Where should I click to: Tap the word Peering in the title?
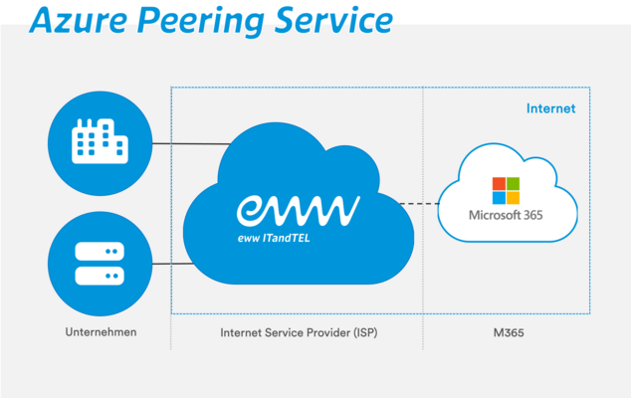click(x=204, y=22)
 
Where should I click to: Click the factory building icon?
click(x=100, y=143)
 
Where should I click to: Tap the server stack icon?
click(x=100, y=263)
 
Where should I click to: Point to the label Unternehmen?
click(x=100, y=331)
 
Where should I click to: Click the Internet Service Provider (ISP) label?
click(x=299, y=331)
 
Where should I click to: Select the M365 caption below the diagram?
click(x=508, y=331)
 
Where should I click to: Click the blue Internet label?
click(x=550, y=108)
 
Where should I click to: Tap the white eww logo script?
click(x=298, y=209)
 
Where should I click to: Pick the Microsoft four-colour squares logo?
click(x=506, y=189)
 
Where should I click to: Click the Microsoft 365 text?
click(x=508, y=216)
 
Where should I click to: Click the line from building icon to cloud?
click(x=185, y=144)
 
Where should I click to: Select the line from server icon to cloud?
click(x=169, y=264)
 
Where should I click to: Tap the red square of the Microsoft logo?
click(x=500, y=183)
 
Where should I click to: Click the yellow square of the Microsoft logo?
click(x=513, y=196)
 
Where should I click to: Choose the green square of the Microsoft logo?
click(x=513, y=183)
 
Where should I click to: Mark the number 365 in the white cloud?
click(x=534, y=216)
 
